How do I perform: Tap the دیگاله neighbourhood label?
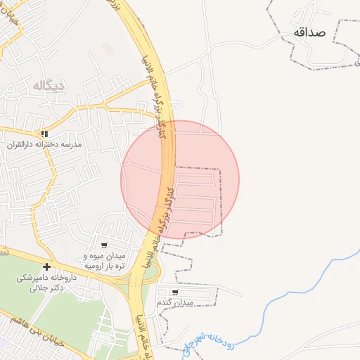tap(48, 86)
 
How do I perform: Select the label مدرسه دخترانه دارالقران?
tap(45, 144)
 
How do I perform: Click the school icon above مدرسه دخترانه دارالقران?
tap(44, 134)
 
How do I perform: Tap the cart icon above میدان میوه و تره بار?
tap(104, 246)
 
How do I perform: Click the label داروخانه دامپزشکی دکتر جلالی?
tap(41, 283)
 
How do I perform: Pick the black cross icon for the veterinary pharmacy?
tap(46, 266)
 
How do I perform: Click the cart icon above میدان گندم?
tap(174, 292)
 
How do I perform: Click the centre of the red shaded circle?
tap(180, 179)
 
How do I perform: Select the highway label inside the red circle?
tap(166, 211)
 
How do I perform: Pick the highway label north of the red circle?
tap(155, 70)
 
